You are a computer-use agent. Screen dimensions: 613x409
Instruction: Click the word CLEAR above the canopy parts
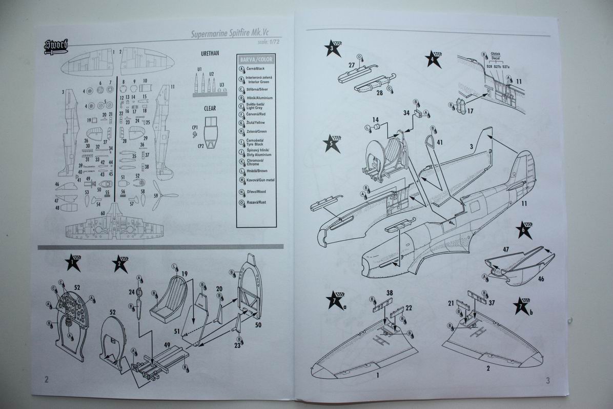click(x=210, y=108)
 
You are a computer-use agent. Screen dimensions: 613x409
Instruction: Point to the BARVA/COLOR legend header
click(x=256, y=59)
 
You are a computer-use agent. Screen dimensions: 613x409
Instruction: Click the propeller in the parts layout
click(x=165, y=195)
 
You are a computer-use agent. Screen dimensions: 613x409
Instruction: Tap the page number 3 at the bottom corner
click(x=547, y=380)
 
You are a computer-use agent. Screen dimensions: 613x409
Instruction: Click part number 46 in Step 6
click(x=541, y=279)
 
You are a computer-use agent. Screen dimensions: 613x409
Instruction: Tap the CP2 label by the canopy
click(x=195, y=145)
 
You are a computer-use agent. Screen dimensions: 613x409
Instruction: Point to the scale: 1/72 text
click(x=266, y=43)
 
